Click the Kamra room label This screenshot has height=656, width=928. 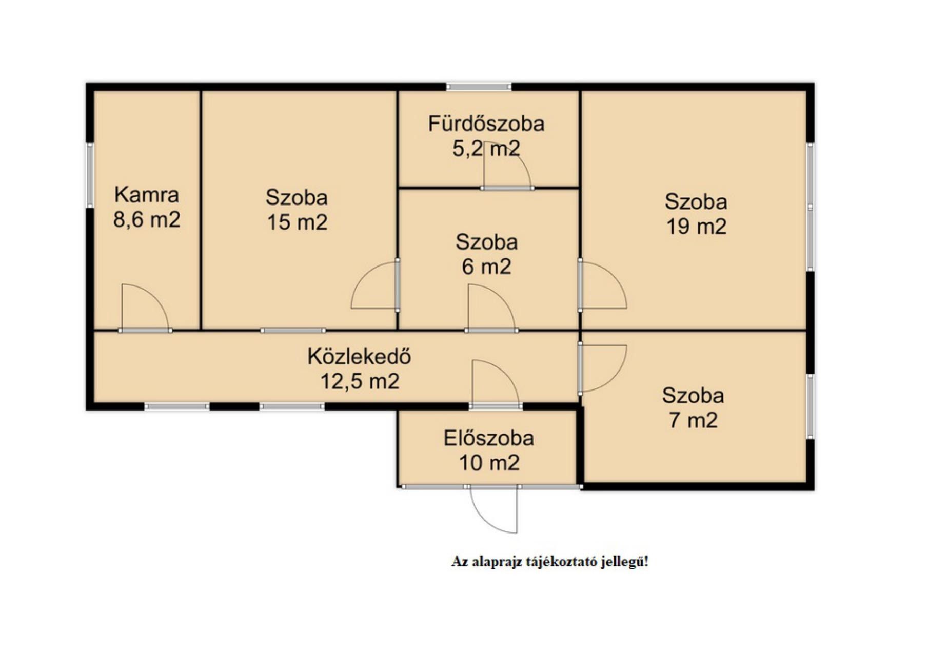(x=147, y=195)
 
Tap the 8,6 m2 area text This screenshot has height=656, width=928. (x=147, y=220)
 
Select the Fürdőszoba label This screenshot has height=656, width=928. (x=486, y=124)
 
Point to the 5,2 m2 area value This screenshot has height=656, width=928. (x=486, y=149)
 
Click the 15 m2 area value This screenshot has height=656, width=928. (x=297, y=222)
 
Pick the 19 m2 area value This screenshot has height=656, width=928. (x=696, y=227)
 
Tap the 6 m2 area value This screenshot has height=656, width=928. (x=486, y=267)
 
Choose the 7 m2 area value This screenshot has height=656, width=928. (x=693, y=420)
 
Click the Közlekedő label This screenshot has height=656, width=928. (x=359, y=357)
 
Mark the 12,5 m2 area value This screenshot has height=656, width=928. (x=360, y=382)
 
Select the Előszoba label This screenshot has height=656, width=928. (x=489, y=438)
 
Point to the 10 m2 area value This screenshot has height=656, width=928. (x=489, y=463)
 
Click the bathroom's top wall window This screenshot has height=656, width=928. (x=479, y=87)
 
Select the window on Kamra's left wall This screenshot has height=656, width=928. (x=90, y=175)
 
